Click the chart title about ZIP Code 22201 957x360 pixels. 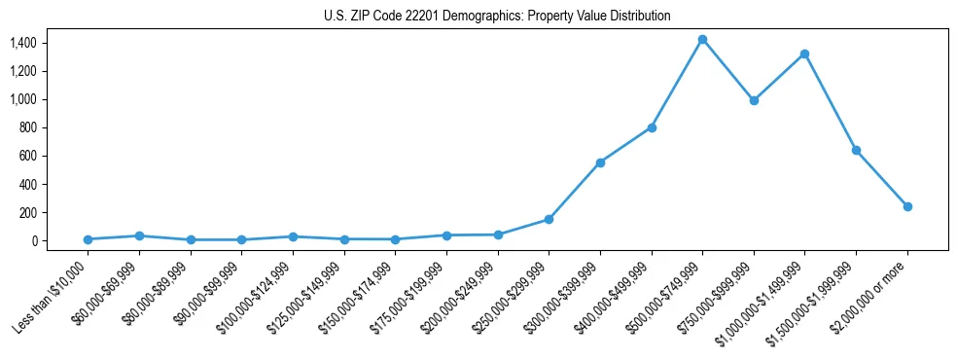click(x=497, y=17)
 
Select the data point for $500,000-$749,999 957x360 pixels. click(x=702, y=40)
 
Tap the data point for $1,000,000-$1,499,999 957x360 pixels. click(x=804, y=54)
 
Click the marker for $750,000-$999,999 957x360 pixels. click(x=754, y=100)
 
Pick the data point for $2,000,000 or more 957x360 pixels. click(x=907, y=206)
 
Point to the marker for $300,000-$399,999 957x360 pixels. click(x=600, y=162)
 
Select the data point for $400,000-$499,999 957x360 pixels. click(x=652, y=127)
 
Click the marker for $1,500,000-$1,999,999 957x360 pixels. click(x=856, y=150)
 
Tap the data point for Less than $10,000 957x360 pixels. click(x=88, y=239)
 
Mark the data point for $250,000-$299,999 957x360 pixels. click(x=549, y=219)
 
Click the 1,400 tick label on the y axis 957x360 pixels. click(x=22, y=43)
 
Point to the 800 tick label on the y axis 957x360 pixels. click(x=26, y=127)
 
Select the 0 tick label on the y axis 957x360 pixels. click(x=34, y=240)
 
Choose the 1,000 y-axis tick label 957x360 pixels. click(x=22, y=99)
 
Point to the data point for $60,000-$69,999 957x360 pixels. click(x=139, y=235)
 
